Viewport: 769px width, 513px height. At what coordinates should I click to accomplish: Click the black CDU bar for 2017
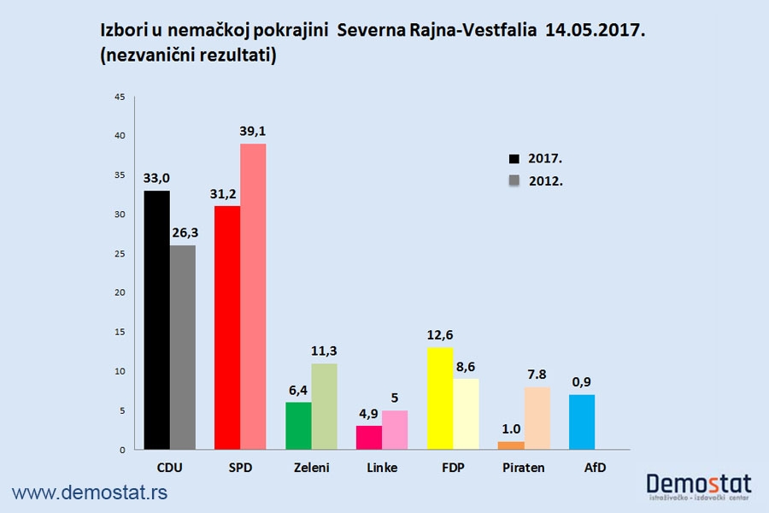pos(156,320)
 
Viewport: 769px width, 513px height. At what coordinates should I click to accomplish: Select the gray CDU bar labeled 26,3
pos(182,347)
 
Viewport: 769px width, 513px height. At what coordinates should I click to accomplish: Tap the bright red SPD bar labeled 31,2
pos(226,327)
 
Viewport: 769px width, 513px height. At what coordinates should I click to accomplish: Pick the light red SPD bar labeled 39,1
pos(253,296)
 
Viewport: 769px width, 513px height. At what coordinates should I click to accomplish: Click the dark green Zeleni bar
pos(298,426)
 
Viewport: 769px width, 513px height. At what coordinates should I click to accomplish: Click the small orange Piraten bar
pos(510,445)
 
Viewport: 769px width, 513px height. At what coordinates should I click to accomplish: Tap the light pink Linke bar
pos(395,430)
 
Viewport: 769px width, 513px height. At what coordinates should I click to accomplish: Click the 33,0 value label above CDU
pos(156,178)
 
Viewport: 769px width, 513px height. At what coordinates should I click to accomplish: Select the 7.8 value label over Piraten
pos(537,374)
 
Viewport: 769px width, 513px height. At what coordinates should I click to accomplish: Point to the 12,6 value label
pos(439,334)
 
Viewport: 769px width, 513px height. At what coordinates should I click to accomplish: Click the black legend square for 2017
pos(514,159)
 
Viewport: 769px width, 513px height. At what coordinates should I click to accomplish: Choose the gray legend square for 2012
pos(514,180)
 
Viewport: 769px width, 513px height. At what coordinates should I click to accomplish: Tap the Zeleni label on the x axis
pos(311,468)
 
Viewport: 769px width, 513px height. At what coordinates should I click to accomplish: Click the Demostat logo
pos(700,486)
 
